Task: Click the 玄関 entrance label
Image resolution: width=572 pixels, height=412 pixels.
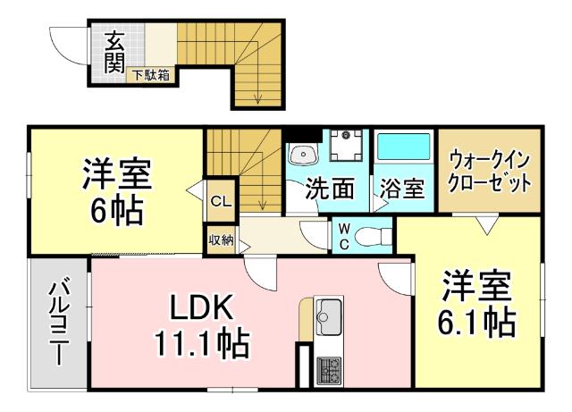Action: pos(114,51)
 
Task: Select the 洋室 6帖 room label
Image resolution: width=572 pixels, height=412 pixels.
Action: pos(117,191)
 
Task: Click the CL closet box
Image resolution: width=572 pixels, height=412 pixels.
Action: pos(220,202)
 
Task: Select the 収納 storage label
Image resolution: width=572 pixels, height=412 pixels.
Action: pos(220,240)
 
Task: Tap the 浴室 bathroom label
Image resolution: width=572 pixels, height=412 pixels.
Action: pos(401,189)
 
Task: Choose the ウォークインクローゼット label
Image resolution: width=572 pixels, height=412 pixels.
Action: pos(490,172)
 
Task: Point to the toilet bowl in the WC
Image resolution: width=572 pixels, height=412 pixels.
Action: pos(373,236)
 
